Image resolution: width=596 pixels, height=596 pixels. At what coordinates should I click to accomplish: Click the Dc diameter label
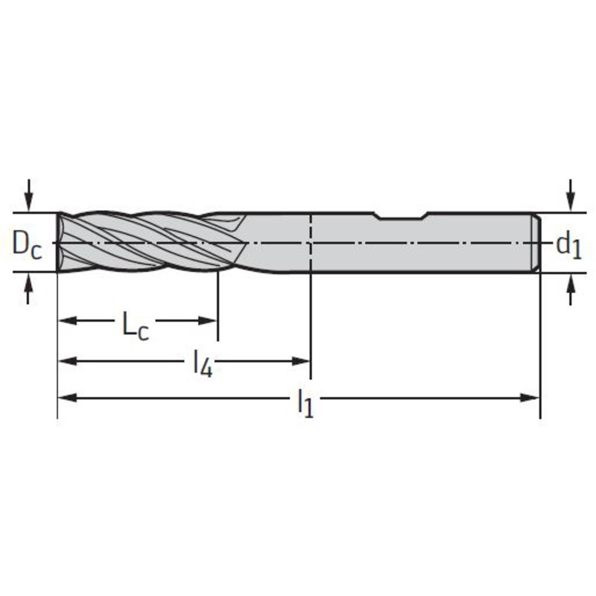(27, 244)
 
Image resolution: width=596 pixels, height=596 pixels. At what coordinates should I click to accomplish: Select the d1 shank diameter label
(569, 246)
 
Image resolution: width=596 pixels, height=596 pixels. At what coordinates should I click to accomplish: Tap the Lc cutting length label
(136, 326)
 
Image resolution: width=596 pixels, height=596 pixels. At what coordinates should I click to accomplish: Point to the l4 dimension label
(203, 364)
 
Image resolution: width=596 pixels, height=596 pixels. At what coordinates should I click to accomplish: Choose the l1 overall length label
(305, 404)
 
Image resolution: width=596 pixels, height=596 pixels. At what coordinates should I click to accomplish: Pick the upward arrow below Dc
(28, 288)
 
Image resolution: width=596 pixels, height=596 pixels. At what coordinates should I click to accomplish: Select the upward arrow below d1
(570, 289)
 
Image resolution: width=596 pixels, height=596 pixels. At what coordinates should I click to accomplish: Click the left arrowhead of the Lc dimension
(67, 320)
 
